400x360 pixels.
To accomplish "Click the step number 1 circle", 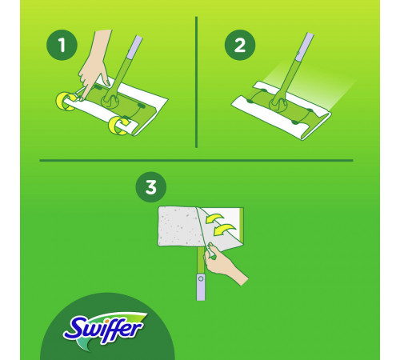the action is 62,45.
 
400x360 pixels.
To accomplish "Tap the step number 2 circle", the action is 240,45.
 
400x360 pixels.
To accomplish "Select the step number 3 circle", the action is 151,186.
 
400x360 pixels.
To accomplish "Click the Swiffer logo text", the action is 102,330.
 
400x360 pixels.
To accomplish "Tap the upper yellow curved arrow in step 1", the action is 64,102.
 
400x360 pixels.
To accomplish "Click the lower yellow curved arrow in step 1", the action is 118,125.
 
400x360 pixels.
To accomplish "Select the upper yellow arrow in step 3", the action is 214,218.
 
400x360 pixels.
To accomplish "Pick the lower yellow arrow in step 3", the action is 225,230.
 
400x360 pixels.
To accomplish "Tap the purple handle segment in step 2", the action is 305,44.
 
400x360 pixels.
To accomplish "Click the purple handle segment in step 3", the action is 201,286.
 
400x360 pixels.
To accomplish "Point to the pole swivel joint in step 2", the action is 278,103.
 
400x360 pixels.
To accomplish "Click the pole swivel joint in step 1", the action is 110,101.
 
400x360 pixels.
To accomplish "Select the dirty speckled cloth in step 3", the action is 178,226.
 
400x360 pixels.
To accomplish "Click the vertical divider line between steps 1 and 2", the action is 196,82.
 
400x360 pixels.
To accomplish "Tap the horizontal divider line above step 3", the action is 196,161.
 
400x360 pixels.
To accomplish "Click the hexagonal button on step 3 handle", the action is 201,279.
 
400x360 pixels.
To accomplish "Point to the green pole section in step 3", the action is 201,260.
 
